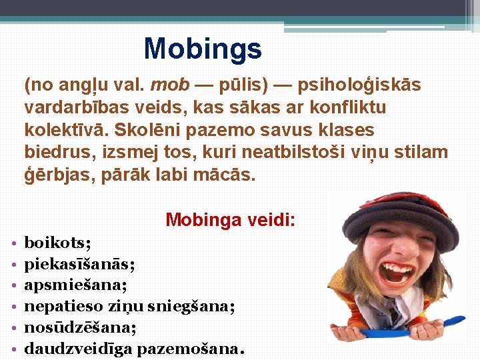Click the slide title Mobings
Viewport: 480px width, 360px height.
tap(203, 49)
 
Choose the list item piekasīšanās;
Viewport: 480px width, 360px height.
tap(79, 264)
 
